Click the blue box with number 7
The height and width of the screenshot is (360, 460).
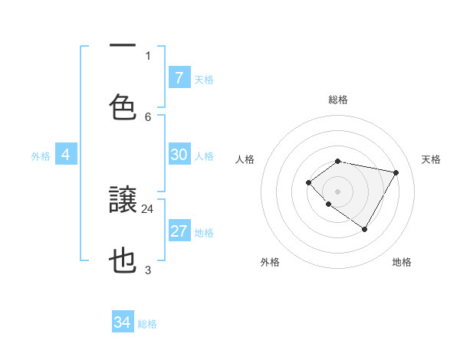(x=179, y=77)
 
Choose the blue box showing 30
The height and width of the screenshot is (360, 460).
(x=179, y=155)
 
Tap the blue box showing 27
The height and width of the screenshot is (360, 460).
(x=179, y=232)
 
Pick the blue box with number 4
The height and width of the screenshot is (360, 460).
(x=65, y=155)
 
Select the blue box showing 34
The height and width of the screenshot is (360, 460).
(x=123, y=322)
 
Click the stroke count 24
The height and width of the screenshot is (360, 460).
(x=148, y=208)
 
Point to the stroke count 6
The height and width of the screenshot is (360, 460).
(x=148, y=116)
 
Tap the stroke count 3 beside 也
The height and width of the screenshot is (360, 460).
(x=148, y=270)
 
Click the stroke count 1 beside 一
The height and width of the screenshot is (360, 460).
(x=148, y=55)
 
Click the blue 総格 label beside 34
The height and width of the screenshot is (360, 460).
(x=147, y=324)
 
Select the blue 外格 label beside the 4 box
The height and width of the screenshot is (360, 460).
(x=41, y=156)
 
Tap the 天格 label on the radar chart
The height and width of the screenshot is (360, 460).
(x=431, y=159)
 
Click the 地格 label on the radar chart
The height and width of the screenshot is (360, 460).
(x=402, y=262)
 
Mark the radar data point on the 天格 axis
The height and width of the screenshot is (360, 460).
(x=396, y=172)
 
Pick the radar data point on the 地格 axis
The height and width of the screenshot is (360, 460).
(x=364, y=229)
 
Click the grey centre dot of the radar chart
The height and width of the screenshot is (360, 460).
(x=337, y=191)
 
